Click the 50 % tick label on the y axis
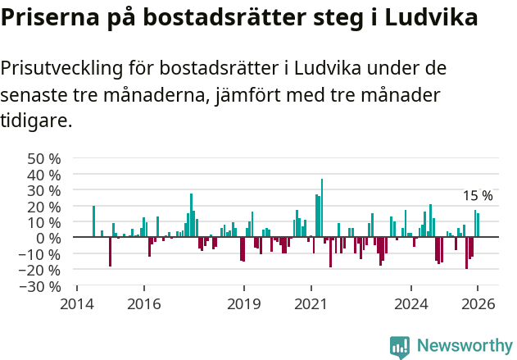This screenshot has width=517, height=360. [x=44, y=158]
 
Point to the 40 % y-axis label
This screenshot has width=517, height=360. [x=44, y=175]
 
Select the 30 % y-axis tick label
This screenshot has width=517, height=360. [x=44, y=190]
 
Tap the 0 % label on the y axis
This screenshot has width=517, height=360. [x=48, y=239]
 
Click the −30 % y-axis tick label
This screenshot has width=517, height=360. [x=41, y=287]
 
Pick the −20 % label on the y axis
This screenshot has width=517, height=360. [x=41, y=271]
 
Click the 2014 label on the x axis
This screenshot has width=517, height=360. [x=77, y=303]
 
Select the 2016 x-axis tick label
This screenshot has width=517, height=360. [x=144, y=303]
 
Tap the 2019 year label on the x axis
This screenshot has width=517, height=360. [x=244, y=303]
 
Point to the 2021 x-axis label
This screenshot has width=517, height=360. [x=311, y=303]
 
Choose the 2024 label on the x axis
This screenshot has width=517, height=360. [x=411, y=303]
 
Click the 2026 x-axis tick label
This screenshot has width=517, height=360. [x=478, y=303]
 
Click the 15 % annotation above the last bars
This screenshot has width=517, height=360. [x=478, y=196]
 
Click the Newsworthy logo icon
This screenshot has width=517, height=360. [x=400, y=346]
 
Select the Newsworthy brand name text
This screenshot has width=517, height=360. [x=465, y=346]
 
